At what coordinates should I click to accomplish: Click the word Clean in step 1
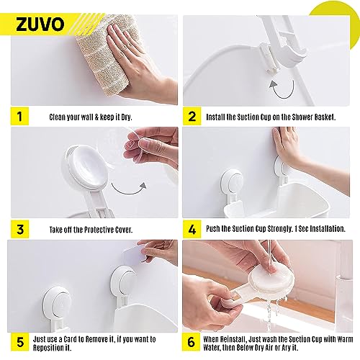coord(59,117)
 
